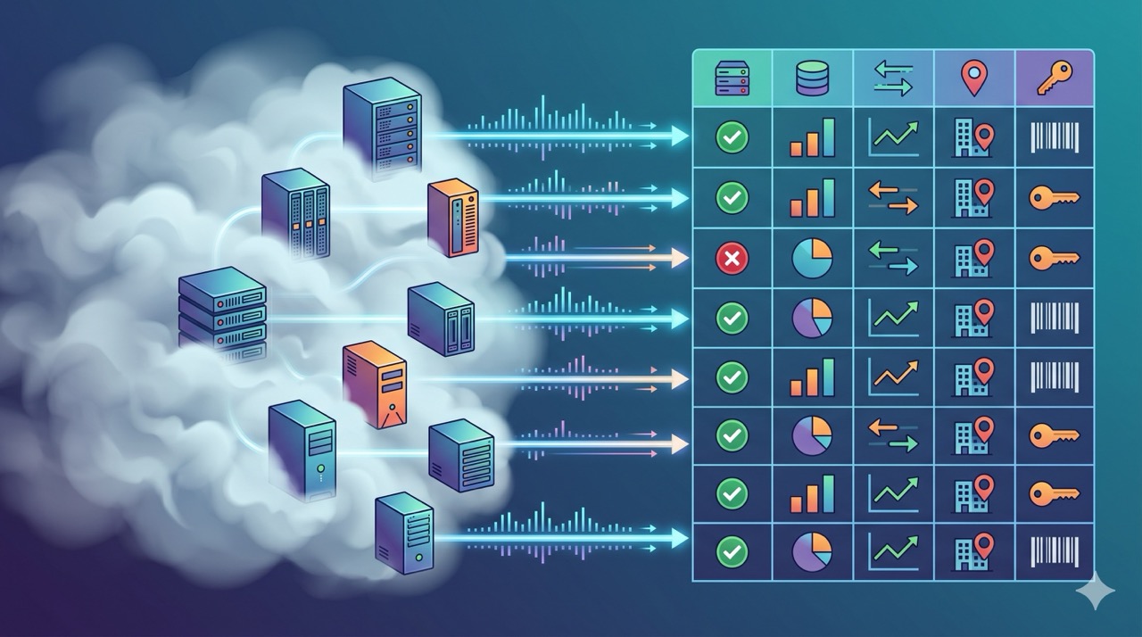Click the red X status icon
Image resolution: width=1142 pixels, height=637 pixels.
coord(732,259)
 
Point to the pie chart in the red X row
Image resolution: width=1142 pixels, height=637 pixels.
coord(812,258)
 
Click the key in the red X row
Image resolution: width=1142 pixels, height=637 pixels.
coord(1054,259)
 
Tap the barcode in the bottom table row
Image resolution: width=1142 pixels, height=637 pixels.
coord(1054,552)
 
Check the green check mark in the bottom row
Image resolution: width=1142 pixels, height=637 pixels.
coord(732,552)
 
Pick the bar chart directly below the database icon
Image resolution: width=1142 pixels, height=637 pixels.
coord(812,137)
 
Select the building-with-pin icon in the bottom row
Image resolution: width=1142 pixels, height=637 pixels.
coord(973,550)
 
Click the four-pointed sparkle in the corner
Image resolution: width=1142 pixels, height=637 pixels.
coord(1095,592)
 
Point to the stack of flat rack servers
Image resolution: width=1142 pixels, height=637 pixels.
coord(222,308)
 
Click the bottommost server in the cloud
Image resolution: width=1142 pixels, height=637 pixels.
coord(404,534)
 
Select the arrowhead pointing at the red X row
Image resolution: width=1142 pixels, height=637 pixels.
coord(678,259)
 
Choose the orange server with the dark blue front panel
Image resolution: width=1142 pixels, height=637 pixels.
coord(453,218)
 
